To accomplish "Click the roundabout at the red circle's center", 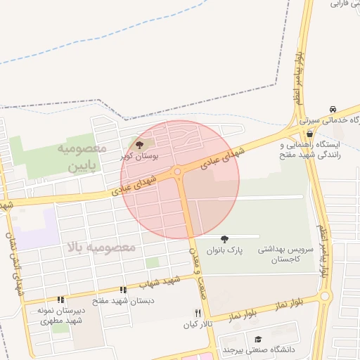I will pyautogui.click(x=178, y=172).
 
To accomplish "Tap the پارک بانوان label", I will pyautogui.click(x=224, y=250).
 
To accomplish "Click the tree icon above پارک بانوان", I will pyautogui.click(x=224, y=239).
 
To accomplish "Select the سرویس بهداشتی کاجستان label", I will pyautogui.click(x=283, y=255).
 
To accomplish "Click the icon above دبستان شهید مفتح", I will pyautogui.click(x=124, y=290).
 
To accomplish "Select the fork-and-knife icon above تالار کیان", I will pyautogui.click(x=198, y=313).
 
